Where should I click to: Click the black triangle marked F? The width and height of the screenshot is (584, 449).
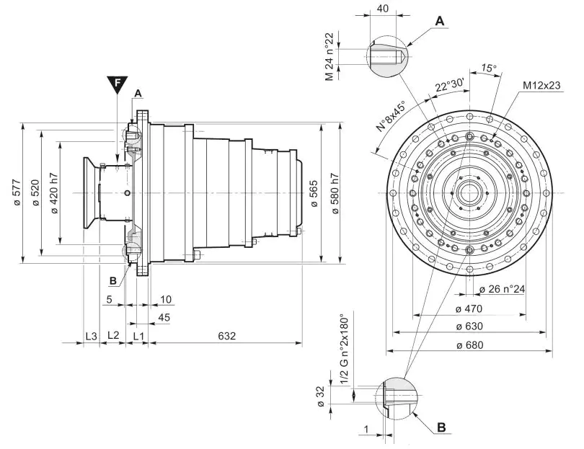pyautogui.click(x=116, y=85)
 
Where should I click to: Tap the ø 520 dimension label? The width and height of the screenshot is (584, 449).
pyautogui.click(x=35, y=194)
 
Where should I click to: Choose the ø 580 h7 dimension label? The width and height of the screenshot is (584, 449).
pyautogui.click(x=333, y=194)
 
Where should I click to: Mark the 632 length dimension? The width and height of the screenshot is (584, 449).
pyautogui.click(x=226, y=336)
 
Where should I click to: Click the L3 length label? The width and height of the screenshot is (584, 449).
pyautogui.click(x=91, y=336)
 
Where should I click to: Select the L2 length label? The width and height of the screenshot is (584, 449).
pyautogui.click(x=113, y=336)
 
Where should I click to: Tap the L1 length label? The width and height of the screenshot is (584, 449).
pyautogui.click(x=138, y=336)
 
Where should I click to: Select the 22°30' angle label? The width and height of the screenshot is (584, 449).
pyautogui.click(x=449, y=85)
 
